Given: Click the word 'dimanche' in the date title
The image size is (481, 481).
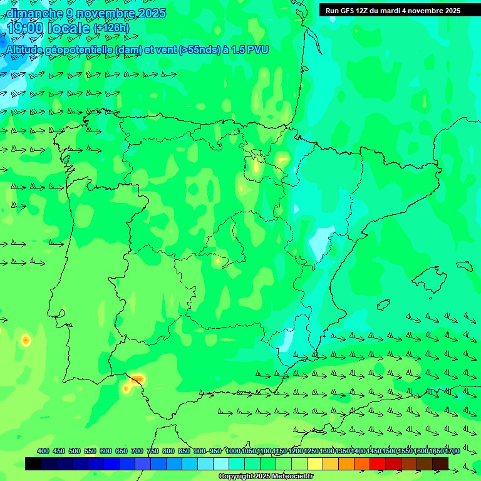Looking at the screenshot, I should click(x=35, y=13).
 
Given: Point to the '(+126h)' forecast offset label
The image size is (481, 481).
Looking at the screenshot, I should click(x=111, y=28).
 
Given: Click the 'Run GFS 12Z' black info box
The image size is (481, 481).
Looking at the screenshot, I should click(x=393, y=10).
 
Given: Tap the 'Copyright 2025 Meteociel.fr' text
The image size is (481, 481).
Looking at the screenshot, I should click(x=266, y=477).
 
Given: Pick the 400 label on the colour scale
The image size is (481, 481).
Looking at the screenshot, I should click(x=43, y=451).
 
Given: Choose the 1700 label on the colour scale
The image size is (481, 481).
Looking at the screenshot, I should click(x=452, y=451).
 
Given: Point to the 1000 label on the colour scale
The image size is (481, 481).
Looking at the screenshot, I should click(x=232, y=451).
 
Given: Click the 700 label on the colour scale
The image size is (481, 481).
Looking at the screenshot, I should click(x=137, y=451).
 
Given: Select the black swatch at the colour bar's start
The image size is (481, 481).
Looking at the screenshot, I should click(x=33, y=463).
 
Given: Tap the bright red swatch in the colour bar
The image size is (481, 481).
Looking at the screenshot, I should click(x=378, y=463).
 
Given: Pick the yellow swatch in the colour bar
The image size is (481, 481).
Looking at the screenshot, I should click(x=315, y=463).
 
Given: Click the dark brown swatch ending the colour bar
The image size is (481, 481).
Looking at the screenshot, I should click(x=440, y=463).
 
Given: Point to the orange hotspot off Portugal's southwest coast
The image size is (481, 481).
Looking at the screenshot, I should click(x=26, y=340).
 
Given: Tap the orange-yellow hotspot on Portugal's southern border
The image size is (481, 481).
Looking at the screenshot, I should click(x=137, y=379).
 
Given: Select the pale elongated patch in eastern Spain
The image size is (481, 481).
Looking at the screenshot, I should click(x=320, y=244).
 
